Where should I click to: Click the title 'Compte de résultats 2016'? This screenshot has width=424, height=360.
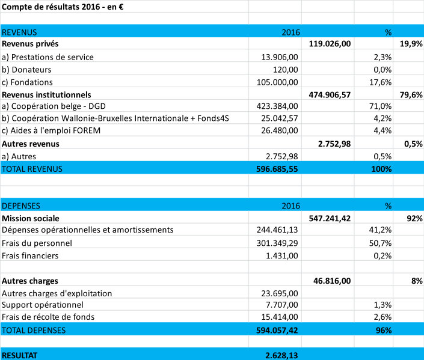(51, 7)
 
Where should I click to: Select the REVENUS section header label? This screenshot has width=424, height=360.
(19, 32)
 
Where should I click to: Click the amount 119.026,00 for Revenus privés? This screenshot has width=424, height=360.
(330, 44)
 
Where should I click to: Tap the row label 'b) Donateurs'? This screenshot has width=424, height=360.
(26, 70)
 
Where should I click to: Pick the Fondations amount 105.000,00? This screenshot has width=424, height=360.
(277, 82)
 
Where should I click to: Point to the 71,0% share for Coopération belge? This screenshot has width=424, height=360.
(380, 106)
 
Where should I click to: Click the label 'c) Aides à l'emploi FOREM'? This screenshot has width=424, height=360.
(51, 130)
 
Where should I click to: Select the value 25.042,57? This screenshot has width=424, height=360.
(279, 118)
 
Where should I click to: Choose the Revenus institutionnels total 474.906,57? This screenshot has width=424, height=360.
(330, 95)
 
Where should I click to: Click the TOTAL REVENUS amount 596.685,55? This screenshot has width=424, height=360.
(277, 169)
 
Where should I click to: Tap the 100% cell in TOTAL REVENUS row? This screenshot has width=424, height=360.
(381, 169)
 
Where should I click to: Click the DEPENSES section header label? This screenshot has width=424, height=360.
(21, 206)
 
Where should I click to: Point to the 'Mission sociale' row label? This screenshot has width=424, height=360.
(31, 218)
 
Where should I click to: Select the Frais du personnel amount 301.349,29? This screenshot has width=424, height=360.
(277, 243)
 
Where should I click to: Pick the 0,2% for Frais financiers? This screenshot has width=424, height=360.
(383, 255)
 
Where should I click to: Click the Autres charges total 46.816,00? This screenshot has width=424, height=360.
(332, 281)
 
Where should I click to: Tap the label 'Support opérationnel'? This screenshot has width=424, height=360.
(43, 305)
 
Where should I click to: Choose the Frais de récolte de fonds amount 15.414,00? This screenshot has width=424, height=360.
(279, 317)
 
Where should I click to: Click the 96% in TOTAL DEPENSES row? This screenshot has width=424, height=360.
(384, 331)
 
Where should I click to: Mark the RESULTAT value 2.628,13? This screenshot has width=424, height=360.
(281, 355)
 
